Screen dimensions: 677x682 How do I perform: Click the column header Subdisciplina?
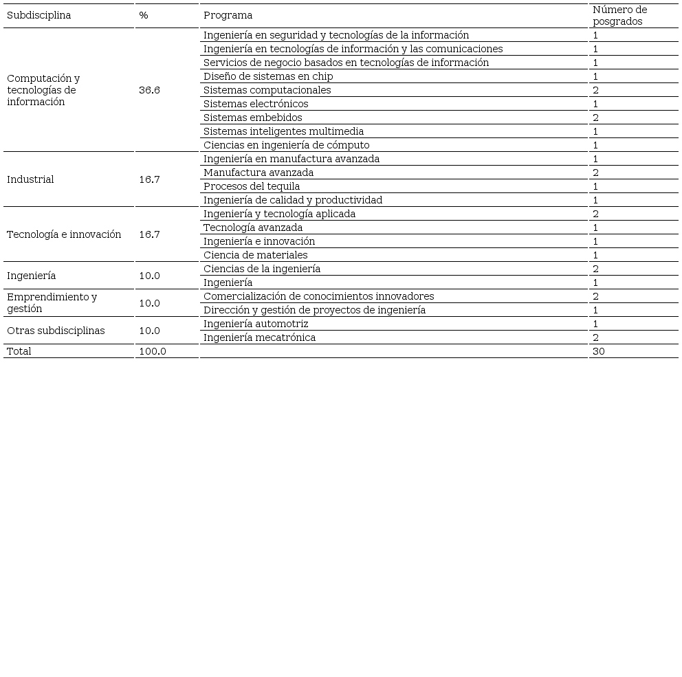pos(38,15)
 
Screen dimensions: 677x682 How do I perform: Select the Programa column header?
pos(228,15)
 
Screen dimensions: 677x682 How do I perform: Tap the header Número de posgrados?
pos(619,15)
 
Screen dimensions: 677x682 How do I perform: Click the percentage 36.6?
pos(149,90)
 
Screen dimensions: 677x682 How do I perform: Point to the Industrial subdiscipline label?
pos(30,179)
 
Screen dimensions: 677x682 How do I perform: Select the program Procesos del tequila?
pos(252,186)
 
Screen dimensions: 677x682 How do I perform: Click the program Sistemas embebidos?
pos(252,118)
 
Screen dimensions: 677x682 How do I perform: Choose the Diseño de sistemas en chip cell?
pos(268,76)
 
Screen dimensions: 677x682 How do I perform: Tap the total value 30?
pos(598,351)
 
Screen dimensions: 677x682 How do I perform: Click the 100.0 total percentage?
pos(152,351)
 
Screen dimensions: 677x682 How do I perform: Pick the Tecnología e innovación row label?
pos(64,234)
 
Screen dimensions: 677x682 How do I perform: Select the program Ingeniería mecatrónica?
pos(259,337)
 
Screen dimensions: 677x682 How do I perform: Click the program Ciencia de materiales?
pos(255,255)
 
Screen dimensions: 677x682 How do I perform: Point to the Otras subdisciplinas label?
pos(56,331)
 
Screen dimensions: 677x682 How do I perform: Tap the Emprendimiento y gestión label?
pos(52,302)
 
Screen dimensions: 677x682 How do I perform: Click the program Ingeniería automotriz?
pos(256,324)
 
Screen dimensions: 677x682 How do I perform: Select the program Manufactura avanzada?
pos(258,173)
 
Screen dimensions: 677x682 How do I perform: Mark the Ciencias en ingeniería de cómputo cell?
pos(286,145)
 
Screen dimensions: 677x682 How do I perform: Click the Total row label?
pos(19,351)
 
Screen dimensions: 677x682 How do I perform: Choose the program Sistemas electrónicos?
pos(256,104)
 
